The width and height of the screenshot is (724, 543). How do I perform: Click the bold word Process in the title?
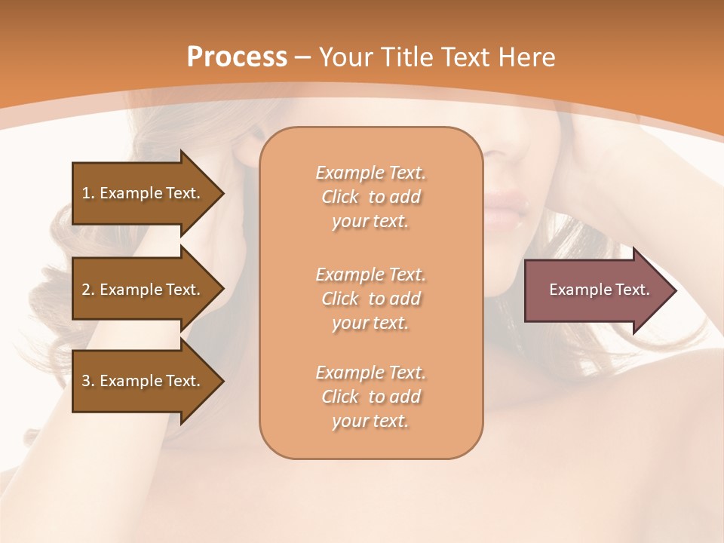[x=236, y=57]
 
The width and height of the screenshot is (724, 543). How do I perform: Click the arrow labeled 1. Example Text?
[x=143, y=193]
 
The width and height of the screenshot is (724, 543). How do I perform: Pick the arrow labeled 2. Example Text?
[x=143, y=290]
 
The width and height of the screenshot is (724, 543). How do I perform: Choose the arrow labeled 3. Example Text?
[x=143, y=381]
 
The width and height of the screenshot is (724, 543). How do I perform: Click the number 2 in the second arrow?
[x=86, y=290]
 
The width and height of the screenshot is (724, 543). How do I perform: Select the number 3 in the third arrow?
[x=86, y=381]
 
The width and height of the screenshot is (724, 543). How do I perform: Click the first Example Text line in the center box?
[x=370, y=173]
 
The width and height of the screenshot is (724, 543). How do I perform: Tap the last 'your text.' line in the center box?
[x=370, y=421]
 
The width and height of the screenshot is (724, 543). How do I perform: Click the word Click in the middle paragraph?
[x=340, y=299]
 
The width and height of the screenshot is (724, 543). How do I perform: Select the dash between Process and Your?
[x=303, y=57]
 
